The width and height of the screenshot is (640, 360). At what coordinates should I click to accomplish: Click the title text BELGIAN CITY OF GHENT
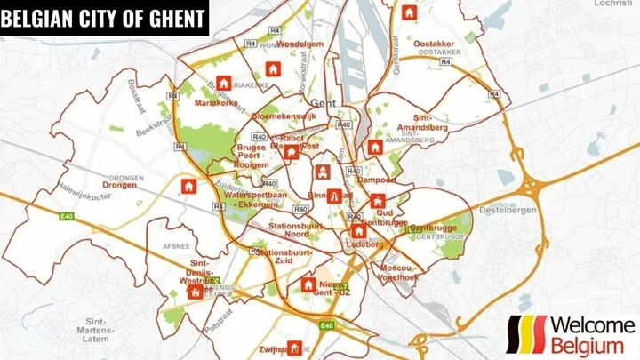coord(103,18)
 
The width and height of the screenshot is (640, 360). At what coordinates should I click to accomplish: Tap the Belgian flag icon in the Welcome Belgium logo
coord(525,335)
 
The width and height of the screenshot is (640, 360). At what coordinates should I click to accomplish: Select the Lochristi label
coord(614,4)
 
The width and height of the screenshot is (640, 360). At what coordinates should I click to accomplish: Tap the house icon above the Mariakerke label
coord(223,83)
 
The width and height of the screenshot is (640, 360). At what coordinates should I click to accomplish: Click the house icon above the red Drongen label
coord(188,186)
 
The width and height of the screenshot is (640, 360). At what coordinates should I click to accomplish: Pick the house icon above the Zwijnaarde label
coord(294,347)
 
